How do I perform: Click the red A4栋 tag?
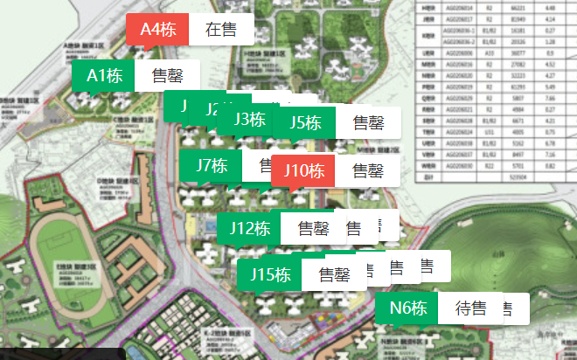click(x=157, y=29)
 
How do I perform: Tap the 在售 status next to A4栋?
click(x=221, y=29)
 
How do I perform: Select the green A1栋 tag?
click(x=103, y=75)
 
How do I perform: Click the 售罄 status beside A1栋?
click(x=167, y=75)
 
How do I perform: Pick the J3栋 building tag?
click(x=250, y=120)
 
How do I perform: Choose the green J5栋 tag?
click(x=305, y=122)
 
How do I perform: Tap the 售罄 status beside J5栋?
click(x=368, y=122)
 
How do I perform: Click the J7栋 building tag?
click(x=212, y=164)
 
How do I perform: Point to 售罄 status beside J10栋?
click(x=368, y=170)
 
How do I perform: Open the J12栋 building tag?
click(x=248, y=228)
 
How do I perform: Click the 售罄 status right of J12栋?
click(x=313, y=228)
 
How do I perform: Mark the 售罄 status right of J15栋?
click(x=334, y=274)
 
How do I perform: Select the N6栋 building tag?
click(x=408, y=308)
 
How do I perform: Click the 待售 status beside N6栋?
click(x=471, y=308)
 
